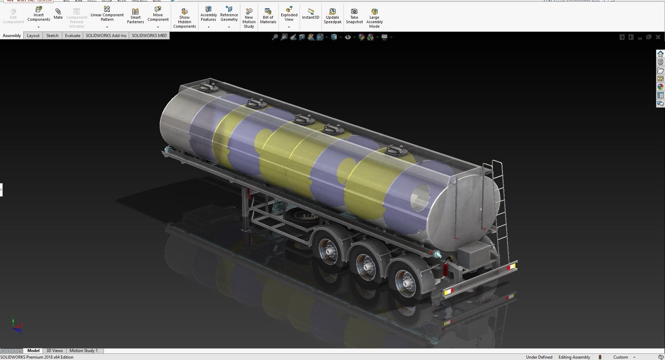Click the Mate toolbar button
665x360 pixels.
click(58, 14)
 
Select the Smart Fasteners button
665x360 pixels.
click(135, 16)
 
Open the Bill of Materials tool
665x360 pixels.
click(268, 16)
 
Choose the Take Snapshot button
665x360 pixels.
click(354, 16)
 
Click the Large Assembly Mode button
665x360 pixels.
click(374, 18)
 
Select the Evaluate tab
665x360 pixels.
click(72, 36)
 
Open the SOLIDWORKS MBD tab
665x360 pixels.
click(149, 36)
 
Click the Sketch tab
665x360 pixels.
click(52, 36)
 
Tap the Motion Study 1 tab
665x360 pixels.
click(83, 351)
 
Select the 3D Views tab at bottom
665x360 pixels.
click(54, 351)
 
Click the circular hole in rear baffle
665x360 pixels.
click(420, 198)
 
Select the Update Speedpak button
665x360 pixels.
click(332, 16)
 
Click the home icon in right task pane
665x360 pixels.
click(660, 54)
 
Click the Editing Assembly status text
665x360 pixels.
click(574, 357)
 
